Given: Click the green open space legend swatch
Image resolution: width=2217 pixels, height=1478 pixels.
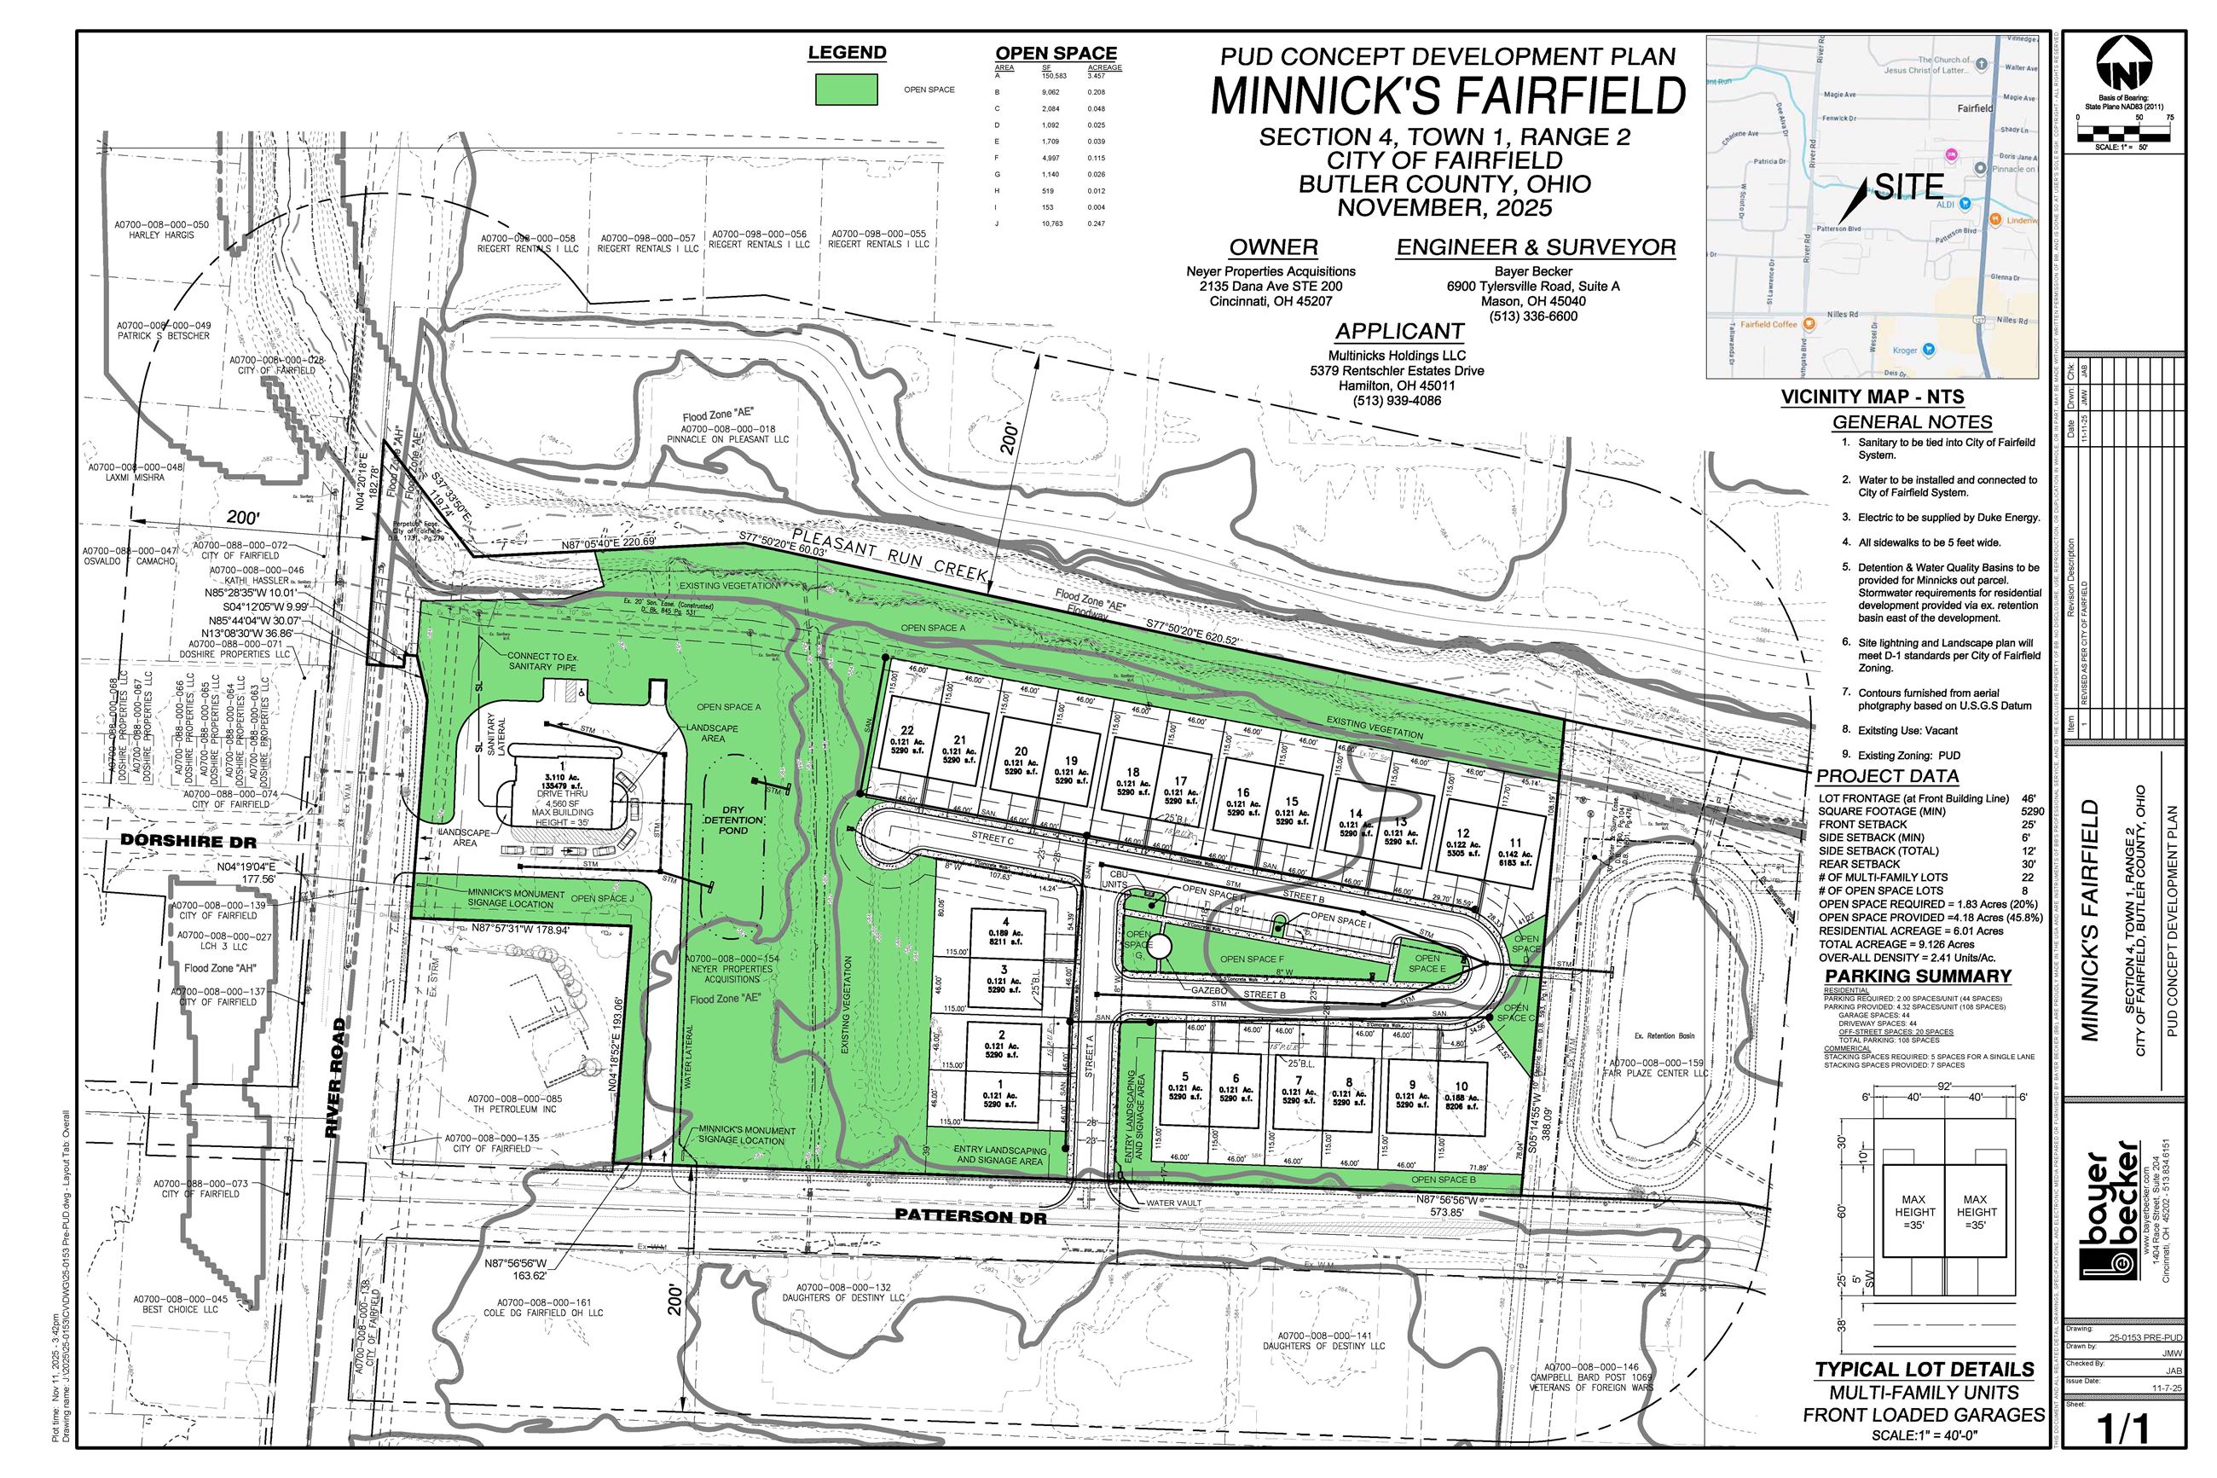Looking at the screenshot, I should pyautogui.click(x=845, y=90).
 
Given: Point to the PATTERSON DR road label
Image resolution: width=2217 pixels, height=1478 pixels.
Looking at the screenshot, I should pyautogui.click(x=970, y=1216).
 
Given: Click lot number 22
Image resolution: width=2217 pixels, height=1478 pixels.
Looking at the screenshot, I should pyautogui.click(x=907, y=731).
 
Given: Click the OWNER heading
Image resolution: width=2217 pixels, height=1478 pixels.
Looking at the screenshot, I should pyautogui.click(x=1273, y=248).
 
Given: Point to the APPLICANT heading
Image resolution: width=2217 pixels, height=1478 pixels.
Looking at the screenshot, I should pyautogui.click(x=1398, y=332).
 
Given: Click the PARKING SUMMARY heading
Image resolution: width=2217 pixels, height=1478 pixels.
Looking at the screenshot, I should pyautogui.click(x=1918, y=976).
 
